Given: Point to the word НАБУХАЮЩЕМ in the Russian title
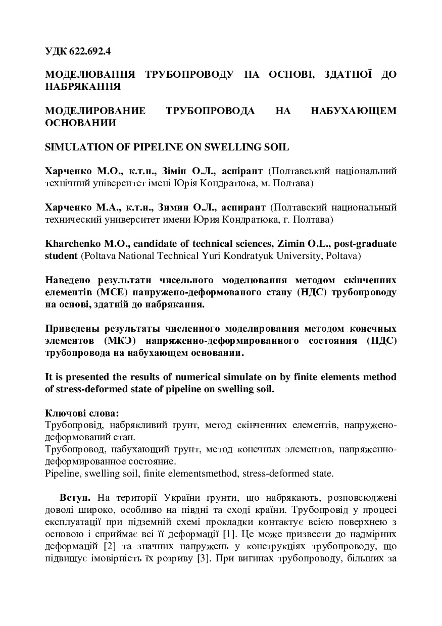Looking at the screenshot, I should pyautogui.click(x=354, y=111).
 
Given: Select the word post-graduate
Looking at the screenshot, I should pyautogui.click(x=365, y=244).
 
